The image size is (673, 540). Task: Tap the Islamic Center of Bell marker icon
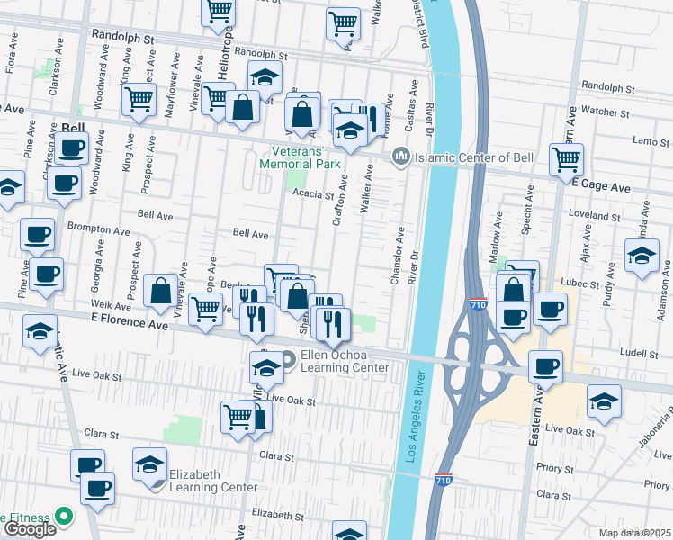[400, 157]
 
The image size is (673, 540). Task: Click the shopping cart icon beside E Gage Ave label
[566, 160]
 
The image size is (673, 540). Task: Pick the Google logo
[30, 529]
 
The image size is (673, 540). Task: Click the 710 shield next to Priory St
[444, 480]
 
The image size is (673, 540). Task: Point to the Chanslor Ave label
[396, 259]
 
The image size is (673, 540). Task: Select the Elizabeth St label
[275, 514]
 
